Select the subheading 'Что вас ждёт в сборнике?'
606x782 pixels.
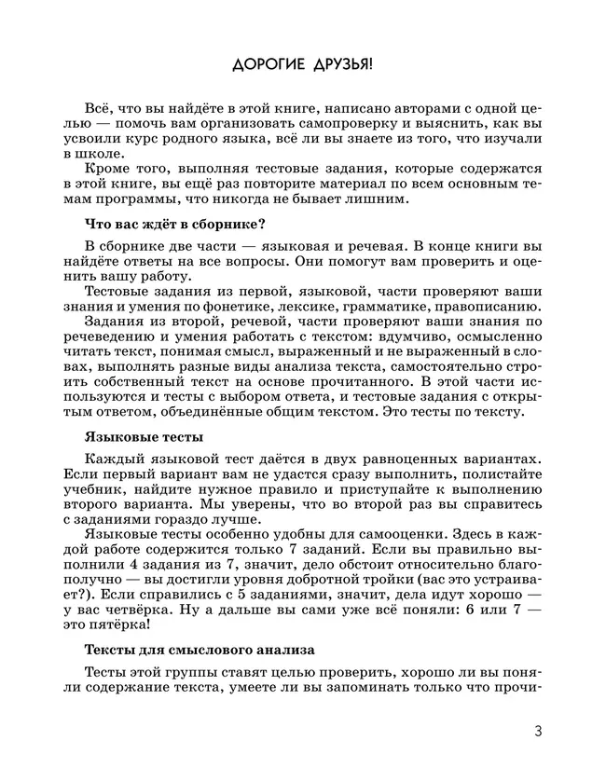tap(175, 223)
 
